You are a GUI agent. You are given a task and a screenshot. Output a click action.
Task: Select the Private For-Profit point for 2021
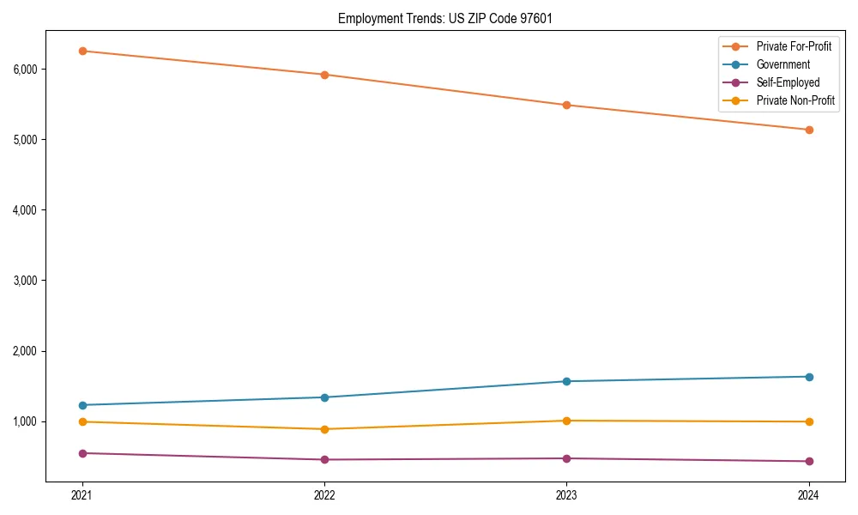tap(82, 51)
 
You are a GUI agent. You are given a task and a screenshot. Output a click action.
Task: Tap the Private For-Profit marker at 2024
tap(809, 130)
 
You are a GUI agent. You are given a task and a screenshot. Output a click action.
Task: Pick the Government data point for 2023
tap(567, 381)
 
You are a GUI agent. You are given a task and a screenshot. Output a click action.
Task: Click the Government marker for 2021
tap(82, 405)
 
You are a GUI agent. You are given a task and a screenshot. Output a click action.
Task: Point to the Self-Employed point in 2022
tap(324, 459)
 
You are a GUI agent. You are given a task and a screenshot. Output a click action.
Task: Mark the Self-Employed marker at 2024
tap(809, 461)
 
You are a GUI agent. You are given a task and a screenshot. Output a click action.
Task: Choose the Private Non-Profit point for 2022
tap(324, 429)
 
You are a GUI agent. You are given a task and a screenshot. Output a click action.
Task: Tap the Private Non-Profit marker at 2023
tap(567, 421)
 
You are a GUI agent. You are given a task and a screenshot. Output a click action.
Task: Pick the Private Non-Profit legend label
tap(795, 100)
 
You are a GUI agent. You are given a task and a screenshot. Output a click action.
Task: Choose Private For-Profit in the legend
tap(794, 46)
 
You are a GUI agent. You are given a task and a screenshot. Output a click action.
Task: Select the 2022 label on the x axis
tap(324, 494)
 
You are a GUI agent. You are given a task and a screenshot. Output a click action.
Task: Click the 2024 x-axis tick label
tap(809, 494)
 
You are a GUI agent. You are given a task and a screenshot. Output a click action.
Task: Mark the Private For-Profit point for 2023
tap(567, 105)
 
